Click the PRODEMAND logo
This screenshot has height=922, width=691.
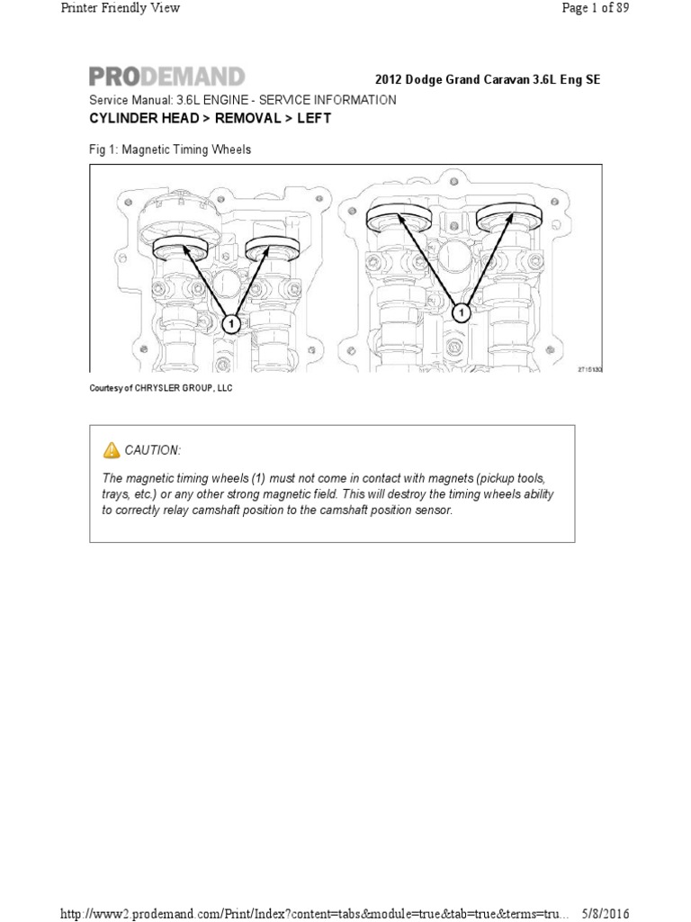tap(166, 77)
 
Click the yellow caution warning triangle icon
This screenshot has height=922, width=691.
tap(112, 449)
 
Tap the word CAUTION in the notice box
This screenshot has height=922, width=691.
tap(152, 450)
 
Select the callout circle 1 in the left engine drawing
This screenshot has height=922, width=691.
tap(230, 323)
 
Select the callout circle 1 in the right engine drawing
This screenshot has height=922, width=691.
tap(461, 313)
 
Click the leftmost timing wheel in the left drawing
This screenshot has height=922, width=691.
tap(181, 247)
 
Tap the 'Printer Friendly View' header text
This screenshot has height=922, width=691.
tap(121, 8)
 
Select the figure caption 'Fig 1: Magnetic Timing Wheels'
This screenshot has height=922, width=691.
tap(170, 149)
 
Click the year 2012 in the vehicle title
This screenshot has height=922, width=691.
tap(388, 80)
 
